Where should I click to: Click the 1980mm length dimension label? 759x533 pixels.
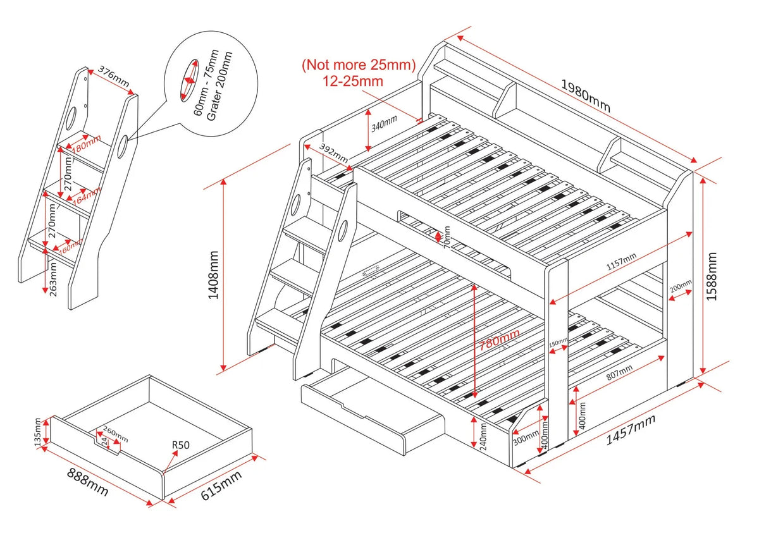(x=586, y=95)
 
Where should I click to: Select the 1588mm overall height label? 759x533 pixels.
(x=713, y=276)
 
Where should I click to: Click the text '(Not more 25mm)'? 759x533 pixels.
(x=358, y=64)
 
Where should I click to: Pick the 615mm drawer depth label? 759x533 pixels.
(x=221, y=486)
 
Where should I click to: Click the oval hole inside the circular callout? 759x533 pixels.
(x=189, y=81)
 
